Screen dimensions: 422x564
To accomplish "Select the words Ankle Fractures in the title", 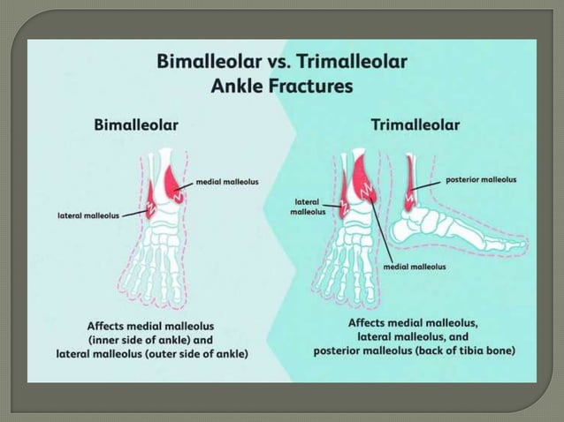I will (283, 87).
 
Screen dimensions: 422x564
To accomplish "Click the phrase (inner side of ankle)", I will (149, 339).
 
